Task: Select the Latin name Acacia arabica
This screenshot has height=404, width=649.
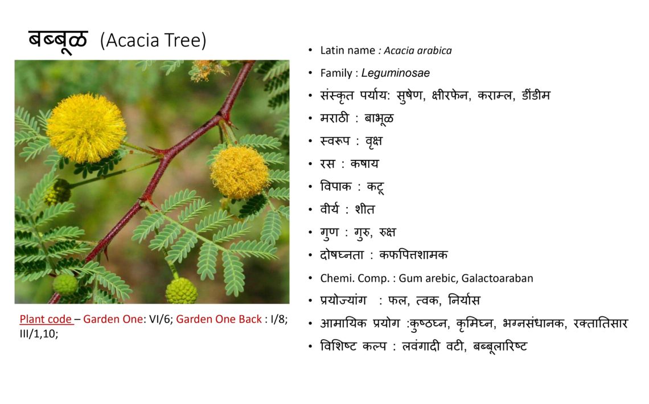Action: point(418,51)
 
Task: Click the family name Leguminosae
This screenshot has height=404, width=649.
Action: point(395,73)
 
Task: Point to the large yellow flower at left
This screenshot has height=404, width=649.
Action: point(86,128)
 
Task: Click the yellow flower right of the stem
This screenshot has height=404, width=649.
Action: point(240,172)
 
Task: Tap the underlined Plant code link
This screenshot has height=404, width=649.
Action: point(46,319)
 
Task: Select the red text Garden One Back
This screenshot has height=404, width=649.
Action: point(219,319)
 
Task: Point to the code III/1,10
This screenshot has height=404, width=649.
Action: point(39,333)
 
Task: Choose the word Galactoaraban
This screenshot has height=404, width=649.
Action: point(497,278)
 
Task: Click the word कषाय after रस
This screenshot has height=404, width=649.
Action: point(365,164)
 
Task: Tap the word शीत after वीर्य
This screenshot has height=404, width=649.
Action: point(365,209)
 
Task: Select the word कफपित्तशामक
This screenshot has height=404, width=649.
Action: point(413,255)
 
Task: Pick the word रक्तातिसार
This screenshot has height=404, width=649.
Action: point(601,323)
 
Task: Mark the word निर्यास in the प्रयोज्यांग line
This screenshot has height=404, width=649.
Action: point(464,300)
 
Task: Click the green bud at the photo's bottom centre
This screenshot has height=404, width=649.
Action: point(181,291)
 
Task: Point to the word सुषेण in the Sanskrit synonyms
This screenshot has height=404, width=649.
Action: point(410,96)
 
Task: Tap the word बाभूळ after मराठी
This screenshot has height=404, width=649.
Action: point(379,119)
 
